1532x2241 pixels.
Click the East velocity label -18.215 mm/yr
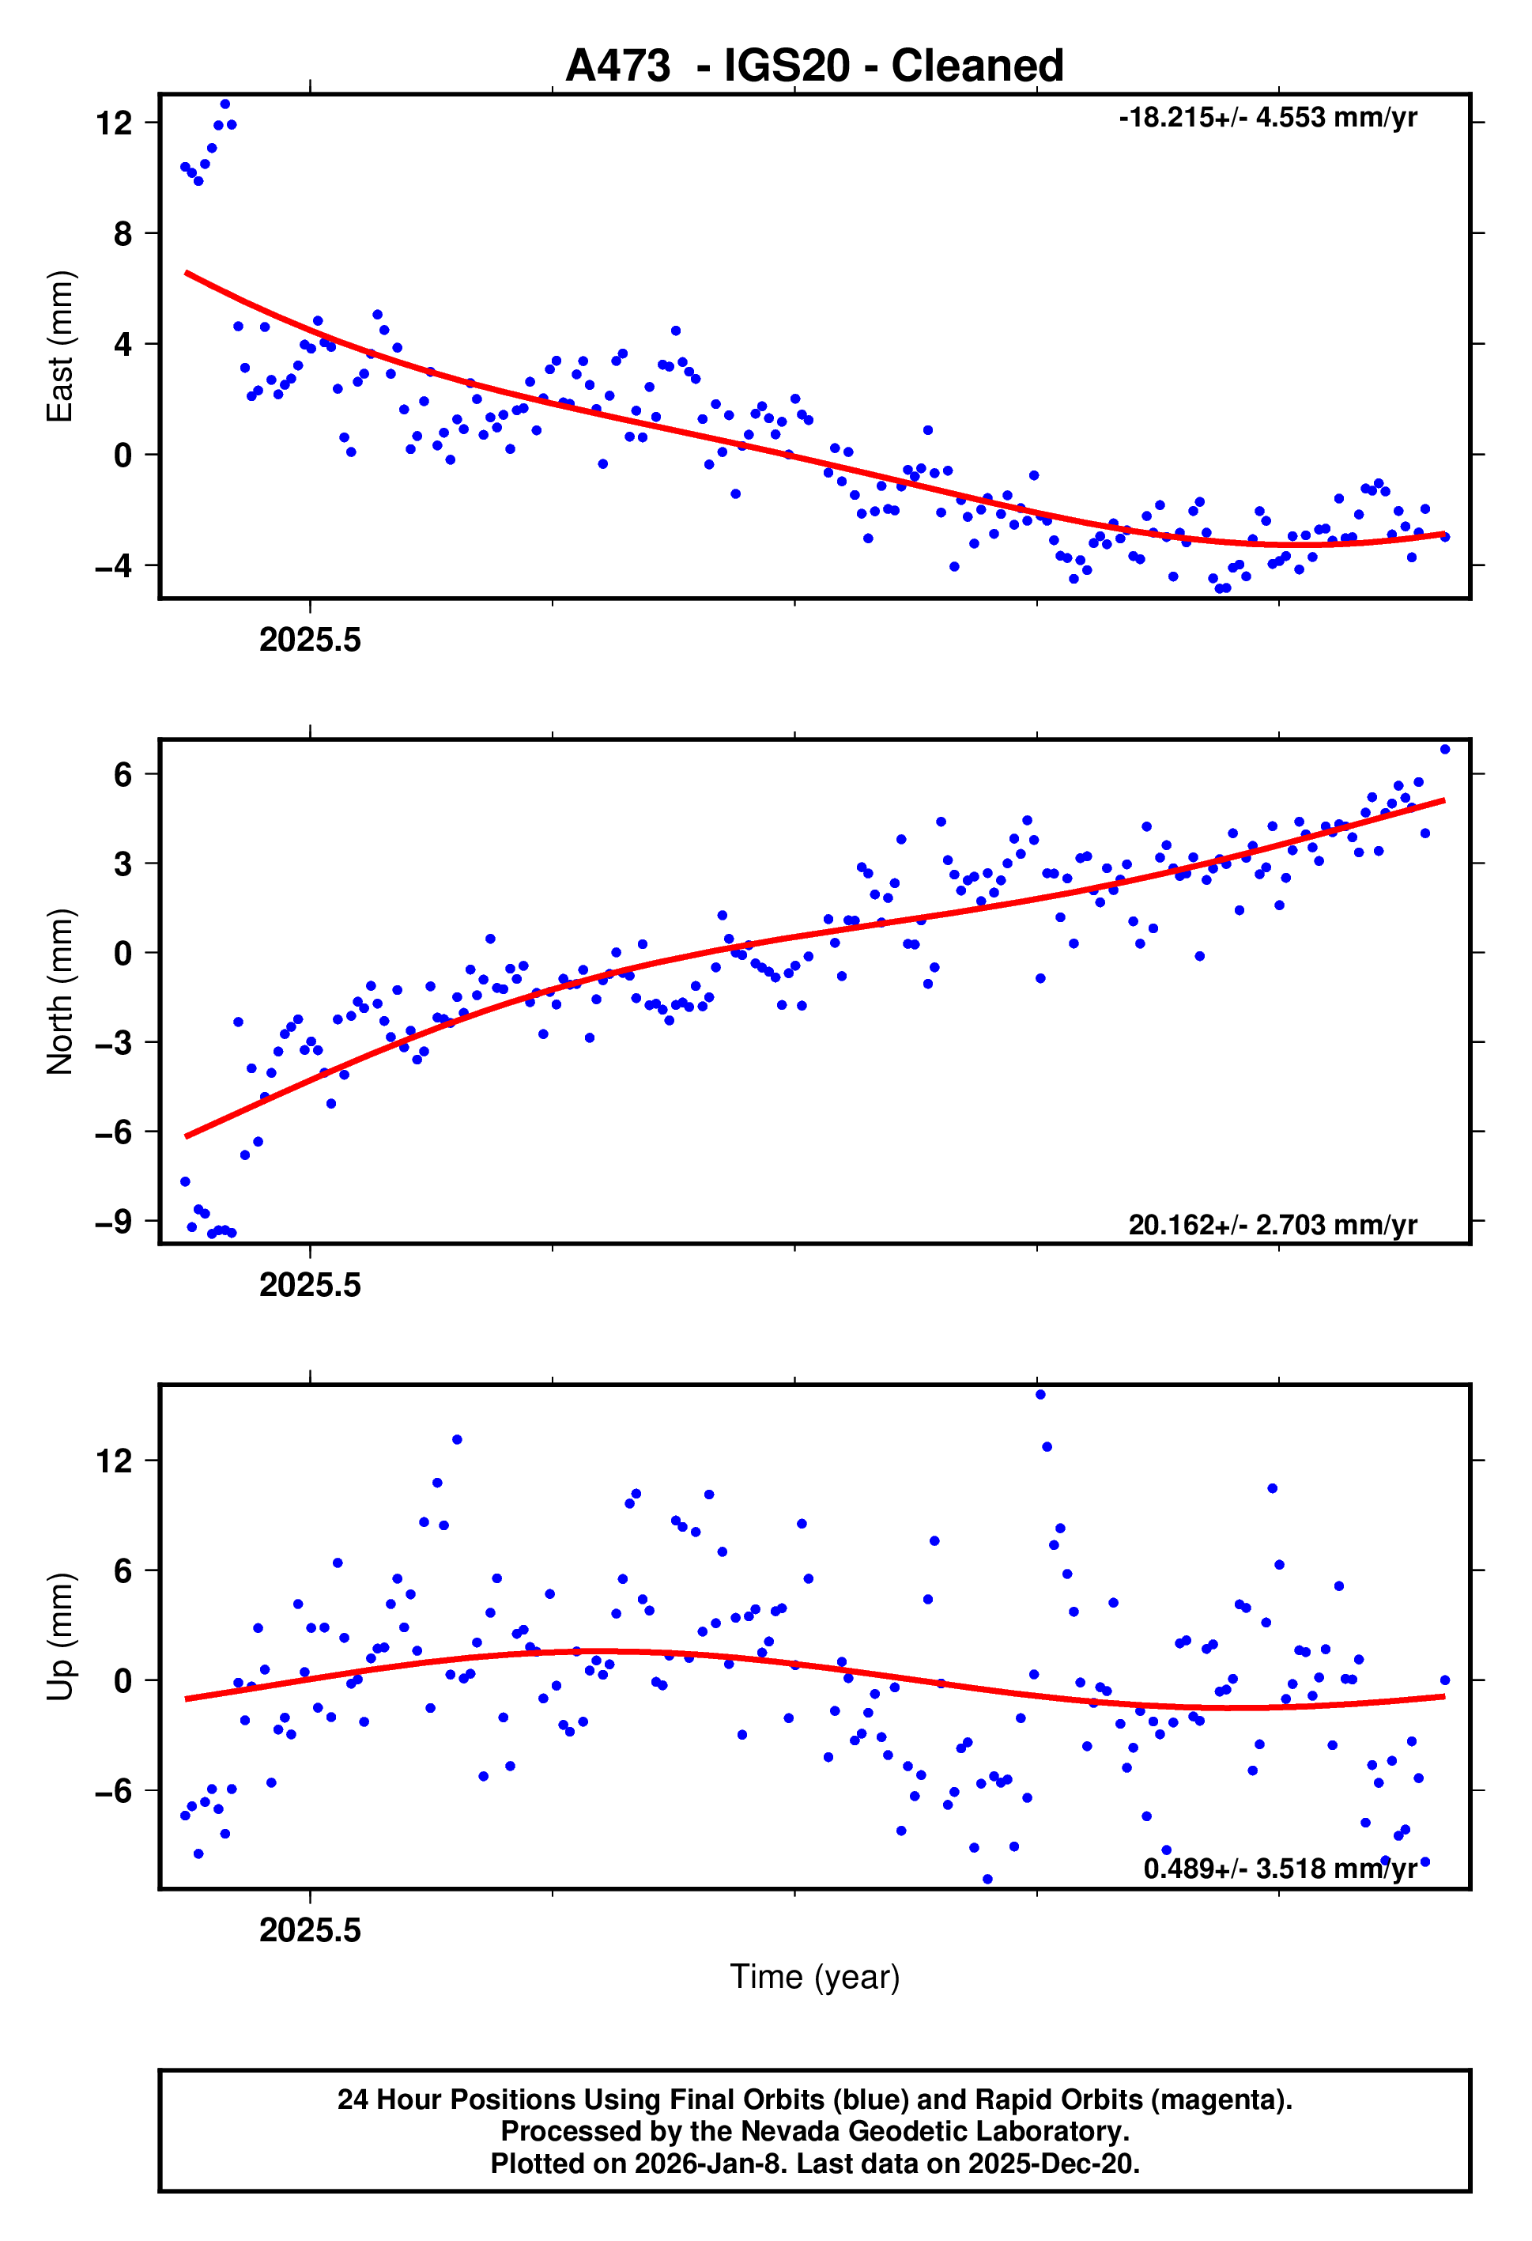point(1267,118)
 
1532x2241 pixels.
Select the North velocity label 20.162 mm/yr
point(1272,1225)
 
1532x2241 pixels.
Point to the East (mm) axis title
point(60,346)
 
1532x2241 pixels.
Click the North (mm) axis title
point(60,992)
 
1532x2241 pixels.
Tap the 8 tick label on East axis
point(122,233)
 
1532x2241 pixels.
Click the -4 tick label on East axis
point(114,566)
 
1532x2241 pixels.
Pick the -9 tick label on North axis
point(114,1222)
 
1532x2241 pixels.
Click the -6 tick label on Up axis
point(114,1791)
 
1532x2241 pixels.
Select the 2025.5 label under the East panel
point(310,641)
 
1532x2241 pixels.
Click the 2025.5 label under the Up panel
point(310,1930)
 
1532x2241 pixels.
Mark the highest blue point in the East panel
point(225,104)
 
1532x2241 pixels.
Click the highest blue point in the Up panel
point(1040,1394)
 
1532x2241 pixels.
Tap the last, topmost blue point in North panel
point(1444,750)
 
